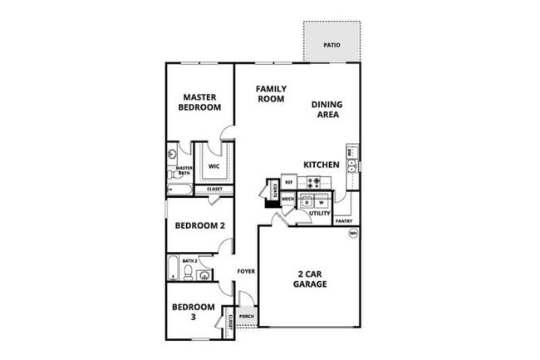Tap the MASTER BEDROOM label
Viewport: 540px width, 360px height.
coord(200,102)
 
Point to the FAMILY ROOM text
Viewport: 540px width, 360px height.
coord(270,93)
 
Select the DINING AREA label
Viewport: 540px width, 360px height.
coord(326,109)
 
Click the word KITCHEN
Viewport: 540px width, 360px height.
coord(321,165)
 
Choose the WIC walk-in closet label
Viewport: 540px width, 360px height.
coord(214,165)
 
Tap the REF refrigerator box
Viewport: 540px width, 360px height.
coord(289,180)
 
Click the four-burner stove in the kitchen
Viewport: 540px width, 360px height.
coord(314,181)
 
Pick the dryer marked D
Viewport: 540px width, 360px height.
coord(307,202)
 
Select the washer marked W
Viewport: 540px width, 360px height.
coord(321,202)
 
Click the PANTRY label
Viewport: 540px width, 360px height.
coord(343,221)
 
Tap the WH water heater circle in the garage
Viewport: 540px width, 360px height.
coord(353,234)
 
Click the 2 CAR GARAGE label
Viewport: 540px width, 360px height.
coord(309,279)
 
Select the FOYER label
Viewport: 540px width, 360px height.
coord(245,272)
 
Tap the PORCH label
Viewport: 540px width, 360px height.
coord(247,315)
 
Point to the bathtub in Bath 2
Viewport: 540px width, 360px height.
coord(172,269)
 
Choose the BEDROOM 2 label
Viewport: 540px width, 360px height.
coord(199,224)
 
